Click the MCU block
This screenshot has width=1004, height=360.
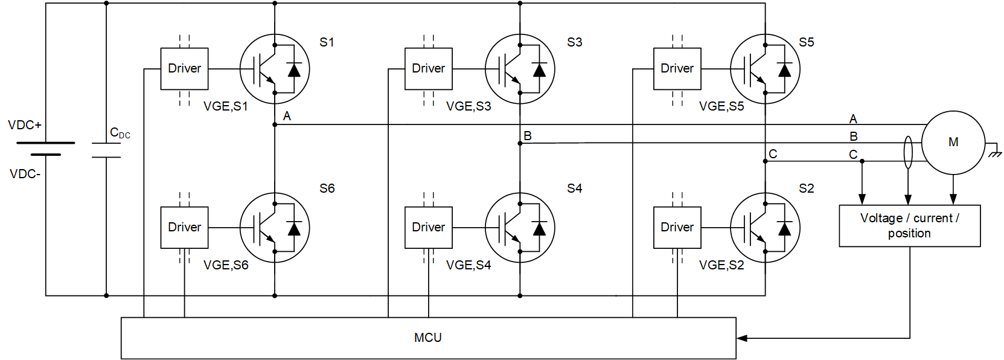point(428,338)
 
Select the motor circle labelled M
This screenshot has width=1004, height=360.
point(953,143)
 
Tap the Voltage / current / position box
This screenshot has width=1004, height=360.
point(909,226)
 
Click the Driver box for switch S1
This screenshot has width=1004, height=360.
point(184,69)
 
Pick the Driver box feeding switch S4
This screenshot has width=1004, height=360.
point(428,228)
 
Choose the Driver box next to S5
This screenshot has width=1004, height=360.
point(677,69)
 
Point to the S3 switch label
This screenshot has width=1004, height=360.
point(574,42)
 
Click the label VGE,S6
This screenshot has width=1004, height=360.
point(226,265)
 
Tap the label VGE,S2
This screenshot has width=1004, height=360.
point(721,265)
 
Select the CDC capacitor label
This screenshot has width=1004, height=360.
point(120,133)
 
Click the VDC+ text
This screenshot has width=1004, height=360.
point(25,125)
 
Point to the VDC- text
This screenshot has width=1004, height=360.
point(25,174)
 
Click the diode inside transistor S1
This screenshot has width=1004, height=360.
point(294,69)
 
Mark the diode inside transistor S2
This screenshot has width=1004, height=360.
point(785,228)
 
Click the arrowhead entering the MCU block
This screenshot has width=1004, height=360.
point(742,338)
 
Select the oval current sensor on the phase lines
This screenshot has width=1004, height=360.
point(908,152)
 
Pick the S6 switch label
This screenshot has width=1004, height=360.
point(327,188)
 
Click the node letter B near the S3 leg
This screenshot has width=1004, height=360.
point(528,136)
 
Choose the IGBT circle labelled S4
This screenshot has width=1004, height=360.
point(520,228)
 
